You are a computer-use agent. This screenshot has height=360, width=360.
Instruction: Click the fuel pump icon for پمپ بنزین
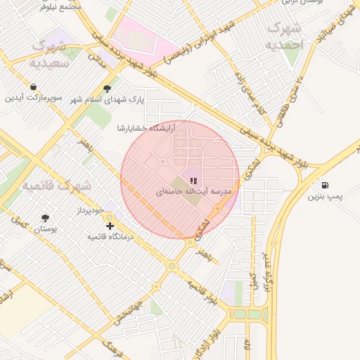(323, 185)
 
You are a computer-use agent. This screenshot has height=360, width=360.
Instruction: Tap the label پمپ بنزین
(325, 196)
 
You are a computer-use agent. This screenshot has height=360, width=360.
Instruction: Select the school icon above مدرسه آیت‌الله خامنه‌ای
(193, 181)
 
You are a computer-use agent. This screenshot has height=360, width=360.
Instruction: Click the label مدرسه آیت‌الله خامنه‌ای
(193, 191)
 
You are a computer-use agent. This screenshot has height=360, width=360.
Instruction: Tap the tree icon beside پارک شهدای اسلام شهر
(107, 89)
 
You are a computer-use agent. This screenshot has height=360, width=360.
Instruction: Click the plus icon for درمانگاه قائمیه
(110, 226)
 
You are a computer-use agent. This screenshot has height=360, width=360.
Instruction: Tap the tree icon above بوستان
(46, 218)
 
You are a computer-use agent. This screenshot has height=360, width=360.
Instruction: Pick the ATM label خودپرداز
(90, 210)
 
